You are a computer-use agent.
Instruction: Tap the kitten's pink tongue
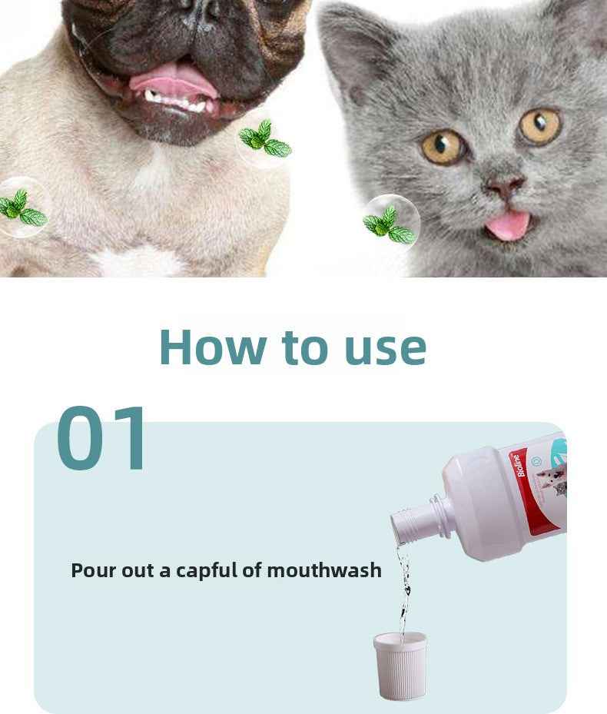point(508,225)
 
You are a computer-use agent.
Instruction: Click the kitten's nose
point(504,187)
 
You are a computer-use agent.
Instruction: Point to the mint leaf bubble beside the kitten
point(391,222)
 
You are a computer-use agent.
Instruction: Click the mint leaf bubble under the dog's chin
point(264,139)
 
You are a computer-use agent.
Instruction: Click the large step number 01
point(103,439)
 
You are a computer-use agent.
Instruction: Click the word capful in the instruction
point(207,570)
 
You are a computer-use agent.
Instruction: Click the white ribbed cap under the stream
point(399,666)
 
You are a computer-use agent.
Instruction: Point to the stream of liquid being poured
point(403,584)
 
